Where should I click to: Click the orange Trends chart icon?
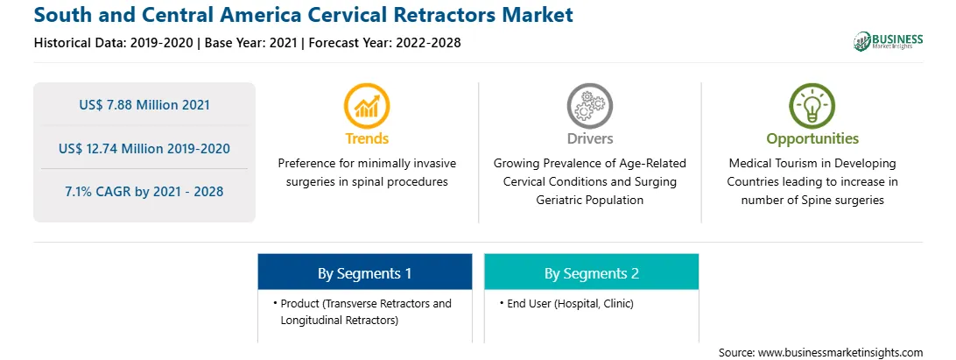click(x=367, y=106)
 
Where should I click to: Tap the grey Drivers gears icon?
click(x=589, y=106)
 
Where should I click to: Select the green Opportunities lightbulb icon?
click(x=812, y=106)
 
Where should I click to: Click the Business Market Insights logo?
click(x=889, y=41)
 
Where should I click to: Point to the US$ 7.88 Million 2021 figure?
click(x=144, y=105)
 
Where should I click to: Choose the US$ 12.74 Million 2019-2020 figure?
click(x=144, y=148)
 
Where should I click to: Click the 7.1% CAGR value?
click(x=144, y=192)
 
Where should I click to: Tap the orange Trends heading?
click(x=367, y=138)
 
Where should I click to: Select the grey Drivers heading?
click(x=590, y=138)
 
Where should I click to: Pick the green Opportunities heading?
click(x=812, y=138)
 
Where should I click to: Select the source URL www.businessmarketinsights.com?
click(x=840, y=352)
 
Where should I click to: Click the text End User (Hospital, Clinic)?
click(x=570, y=303)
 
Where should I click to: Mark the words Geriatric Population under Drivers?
click(x=589, y=200)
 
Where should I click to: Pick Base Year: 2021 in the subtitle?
click(x=251, y=43)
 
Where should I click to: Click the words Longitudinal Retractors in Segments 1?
click(x=339, y=321)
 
